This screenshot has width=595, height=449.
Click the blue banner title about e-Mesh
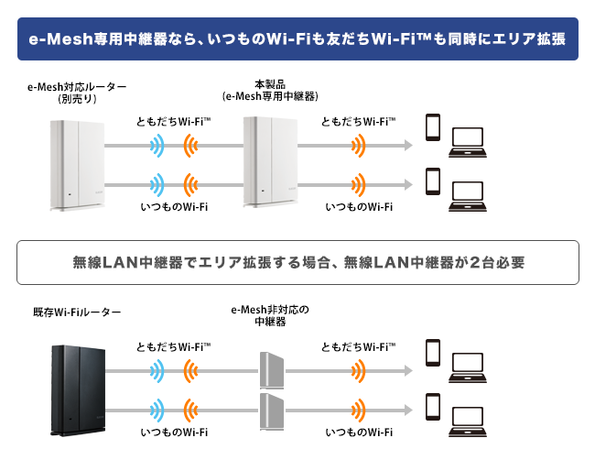[x=297, y=38]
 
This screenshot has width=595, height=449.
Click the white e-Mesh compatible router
[x=78, y=165]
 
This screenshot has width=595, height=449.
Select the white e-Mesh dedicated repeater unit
[x=270, y=162]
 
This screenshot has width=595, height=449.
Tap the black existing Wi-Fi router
[x=78, y=390]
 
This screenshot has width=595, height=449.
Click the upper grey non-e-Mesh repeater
[x=272, y=370]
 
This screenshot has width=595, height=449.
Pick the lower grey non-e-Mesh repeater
[x=272, y=411]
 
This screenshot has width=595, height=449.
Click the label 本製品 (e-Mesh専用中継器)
[x=270, y=91]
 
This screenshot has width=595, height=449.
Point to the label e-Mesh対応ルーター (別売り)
[x=77, y=93]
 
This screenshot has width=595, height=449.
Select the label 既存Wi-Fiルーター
[x=77, y=312]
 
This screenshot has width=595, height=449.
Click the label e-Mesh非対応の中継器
[x=270, y=315]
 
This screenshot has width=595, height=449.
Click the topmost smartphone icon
[x=433, y=127]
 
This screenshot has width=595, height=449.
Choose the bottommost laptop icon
[x=468, y=422]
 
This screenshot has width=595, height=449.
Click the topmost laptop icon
[x=468, y=142]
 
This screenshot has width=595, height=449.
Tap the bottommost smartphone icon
[x=433, y=407]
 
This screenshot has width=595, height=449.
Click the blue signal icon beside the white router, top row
[x=157, y=146]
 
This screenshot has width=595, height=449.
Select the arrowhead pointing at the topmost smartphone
[x=408, y=145]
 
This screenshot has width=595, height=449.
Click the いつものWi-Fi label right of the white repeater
[x=359, y=207]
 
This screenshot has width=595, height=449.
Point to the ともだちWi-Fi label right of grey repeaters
[x=358, y=346]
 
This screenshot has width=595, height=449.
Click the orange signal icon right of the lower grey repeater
[x=359, y=411]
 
